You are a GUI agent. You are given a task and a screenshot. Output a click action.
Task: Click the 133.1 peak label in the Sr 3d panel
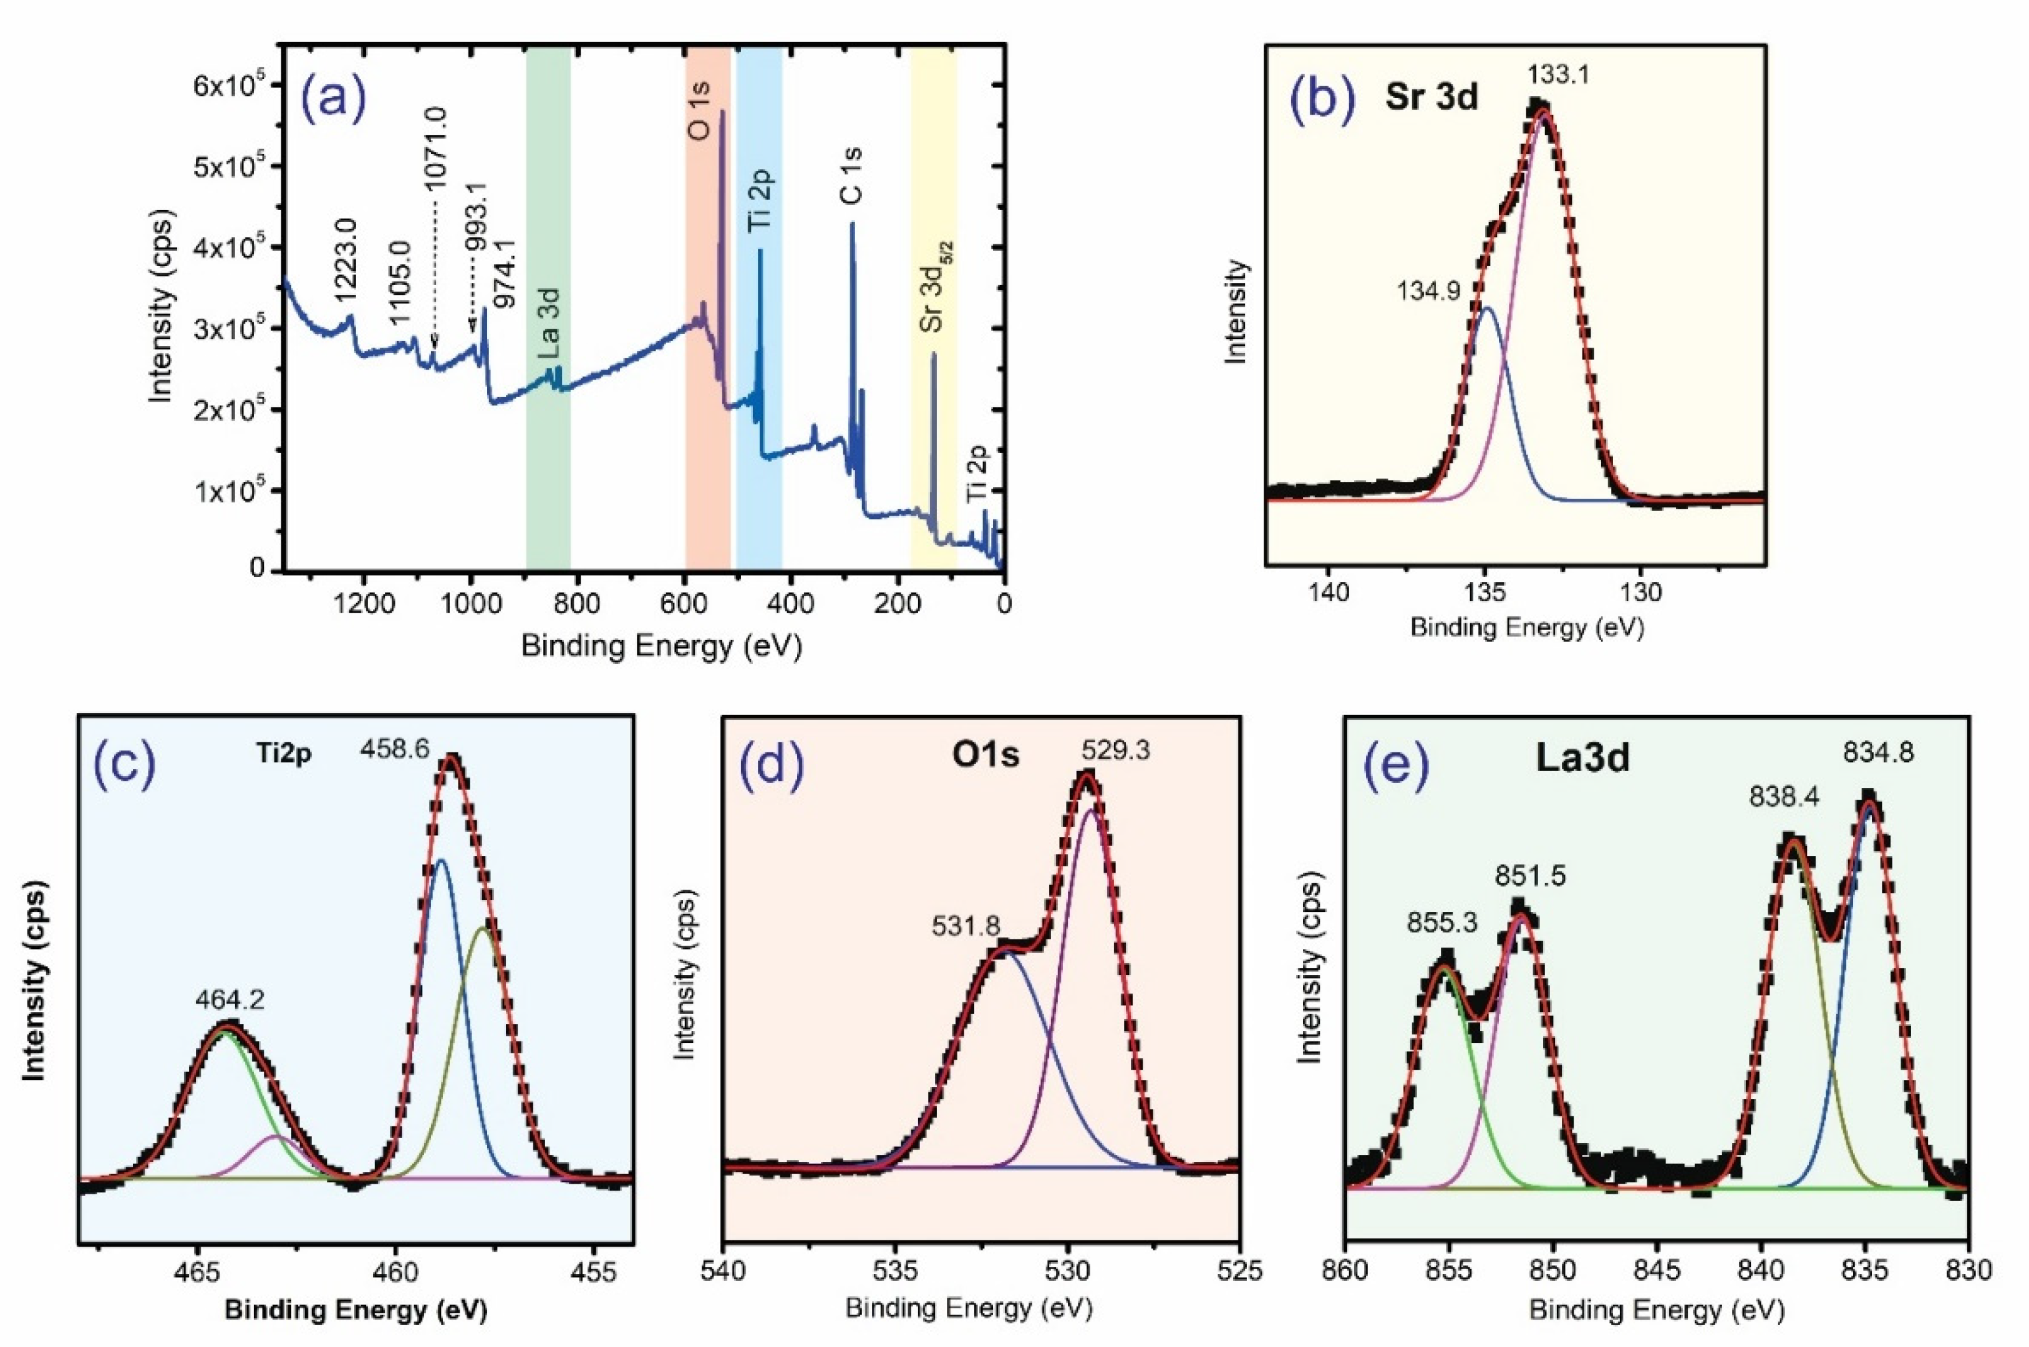[x=1558, y=75]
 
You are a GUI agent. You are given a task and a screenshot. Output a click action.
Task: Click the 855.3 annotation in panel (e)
[x=1442, y=923]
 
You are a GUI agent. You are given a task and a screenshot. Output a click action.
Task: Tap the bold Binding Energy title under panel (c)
[x=356, y=1311]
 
